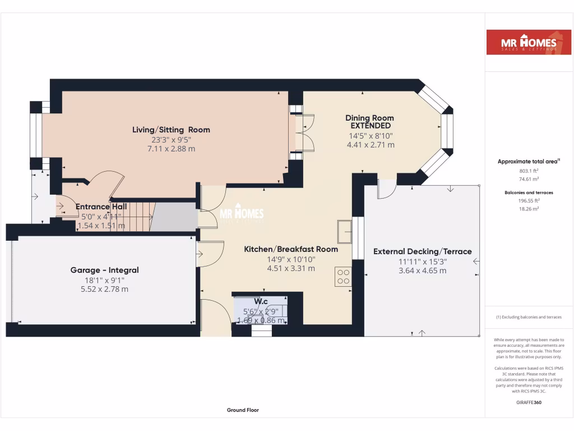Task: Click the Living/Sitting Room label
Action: point(171,130)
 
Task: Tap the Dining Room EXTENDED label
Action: point(369,122)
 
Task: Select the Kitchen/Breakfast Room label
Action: point(291,249)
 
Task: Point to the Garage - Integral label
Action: point(104,270)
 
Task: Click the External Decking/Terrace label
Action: point(423,251)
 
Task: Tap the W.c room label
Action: point(261,301)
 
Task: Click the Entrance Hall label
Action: point(101,207)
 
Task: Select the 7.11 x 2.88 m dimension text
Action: point(171,149)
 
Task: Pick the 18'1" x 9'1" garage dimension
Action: point(104,280)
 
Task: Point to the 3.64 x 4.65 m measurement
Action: point(423,270)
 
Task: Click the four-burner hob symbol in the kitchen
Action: point(343,277)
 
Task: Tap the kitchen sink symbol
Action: point(344,230)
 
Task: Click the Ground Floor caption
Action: point(243,410)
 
